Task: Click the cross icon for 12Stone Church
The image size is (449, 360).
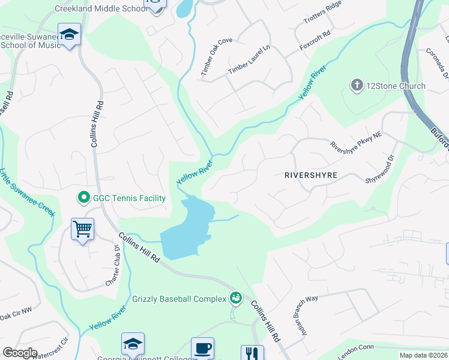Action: coord(357,86)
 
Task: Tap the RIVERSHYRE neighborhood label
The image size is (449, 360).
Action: coord(310,175)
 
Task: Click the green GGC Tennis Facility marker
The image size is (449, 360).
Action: coord(83,197)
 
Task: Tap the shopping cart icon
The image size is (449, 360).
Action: coord(82,229)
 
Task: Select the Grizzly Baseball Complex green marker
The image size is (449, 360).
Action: coord(236,298)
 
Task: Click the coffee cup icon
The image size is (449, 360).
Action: coord(202,347)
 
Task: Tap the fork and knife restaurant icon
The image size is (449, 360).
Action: coord(252,353)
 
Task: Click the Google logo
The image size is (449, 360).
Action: coord(20,353)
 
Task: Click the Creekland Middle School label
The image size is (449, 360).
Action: coord(100,8)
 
